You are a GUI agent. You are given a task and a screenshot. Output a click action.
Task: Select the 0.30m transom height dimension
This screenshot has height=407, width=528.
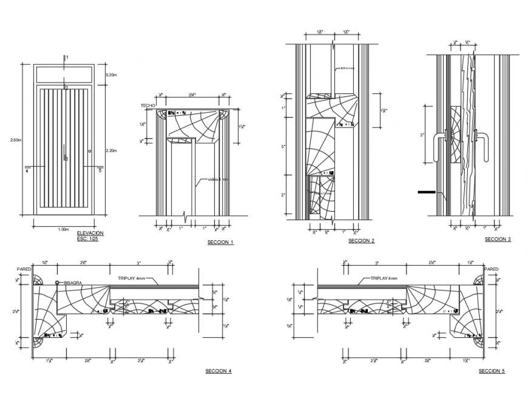click(112, 75)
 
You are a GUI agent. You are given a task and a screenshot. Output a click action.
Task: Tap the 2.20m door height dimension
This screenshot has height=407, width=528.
click(112, 150)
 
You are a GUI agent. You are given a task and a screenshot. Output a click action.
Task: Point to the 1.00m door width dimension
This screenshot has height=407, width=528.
click(63, 229)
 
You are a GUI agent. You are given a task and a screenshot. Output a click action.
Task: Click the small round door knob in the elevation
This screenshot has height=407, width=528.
click(90, 150)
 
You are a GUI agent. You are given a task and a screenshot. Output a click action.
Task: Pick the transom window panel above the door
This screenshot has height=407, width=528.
click(63, 75)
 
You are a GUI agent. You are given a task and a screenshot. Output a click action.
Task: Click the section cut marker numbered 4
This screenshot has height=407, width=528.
click(27, 171)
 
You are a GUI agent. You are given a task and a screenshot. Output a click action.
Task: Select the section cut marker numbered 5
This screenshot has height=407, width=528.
click(100, 171)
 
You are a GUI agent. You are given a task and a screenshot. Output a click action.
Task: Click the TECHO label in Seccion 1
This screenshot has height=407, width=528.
click(148, 106)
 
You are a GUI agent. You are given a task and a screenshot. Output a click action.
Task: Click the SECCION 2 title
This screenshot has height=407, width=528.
click(361, 241)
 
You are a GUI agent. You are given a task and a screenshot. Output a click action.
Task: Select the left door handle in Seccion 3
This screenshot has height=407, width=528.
click(439, 149)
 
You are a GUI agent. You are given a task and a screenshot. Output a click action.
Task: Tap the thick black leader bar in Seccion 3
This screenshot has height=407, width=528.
click(429, 192)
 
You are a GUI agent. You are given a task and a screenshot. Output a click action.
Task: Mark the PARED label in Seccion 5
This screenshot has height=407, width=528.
click(491, 269)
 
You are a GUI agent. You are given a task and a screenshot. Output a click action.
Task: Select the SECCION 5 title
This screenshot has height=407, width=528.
click(491, 371)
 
